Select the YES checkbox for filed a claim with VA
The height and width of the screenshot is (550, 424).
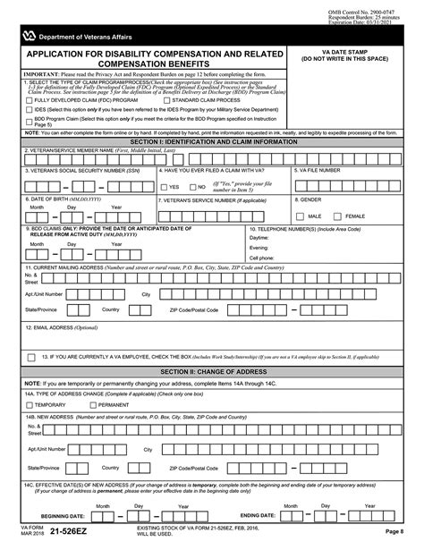click(x=163, y=187)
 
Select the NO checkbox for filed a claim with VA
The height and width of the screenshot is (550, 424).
click(x=191, y=187)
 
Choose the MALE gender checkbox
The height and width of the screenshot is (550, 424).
click(x=301, y=216)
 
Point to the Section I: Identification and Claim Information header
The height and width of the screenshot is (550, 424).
click(x=211, y=141)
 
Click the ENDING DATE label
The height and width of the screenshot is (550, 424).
click(x=263, y=516)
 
